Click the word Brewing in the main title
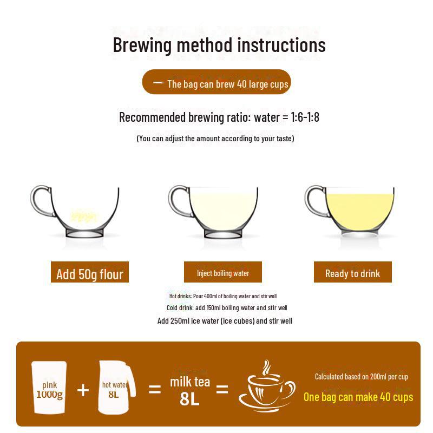142,45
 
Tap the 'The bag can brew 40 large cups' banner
216,82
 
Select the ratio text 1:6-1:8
305,117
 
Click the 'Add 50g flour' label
90,272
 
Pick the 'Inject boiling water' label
223,272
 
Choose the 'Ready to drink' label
353,272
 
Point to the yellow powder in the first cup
84,215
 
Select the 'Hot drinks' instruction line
223,296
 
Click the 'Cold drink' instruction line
227,307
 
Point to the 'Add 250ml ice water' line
225,321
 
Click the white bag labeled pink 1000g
49,388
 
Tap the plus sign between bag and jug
83,390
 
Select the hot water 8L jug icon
116,388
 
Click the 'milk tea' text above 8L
190,382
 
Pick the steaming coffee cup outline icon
267,386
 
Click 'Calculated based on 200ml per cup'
361,377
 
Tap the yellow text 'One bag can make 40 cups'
358,397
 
